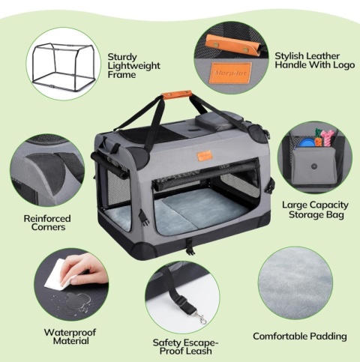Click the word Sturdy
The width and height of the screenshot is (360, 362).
122,58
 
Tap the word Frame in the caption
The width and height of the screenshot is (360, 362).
121,75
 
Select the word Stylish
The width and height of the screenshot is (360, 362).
289,56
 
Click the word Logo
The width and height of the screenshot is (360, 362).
344,65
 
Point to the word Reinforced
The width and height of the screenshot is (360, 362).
47,218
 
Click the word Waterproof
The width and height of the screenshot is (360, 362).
70,332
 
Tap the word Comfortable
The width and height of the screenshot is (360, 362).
278,336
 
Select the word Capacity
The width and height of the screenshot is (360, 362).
329,205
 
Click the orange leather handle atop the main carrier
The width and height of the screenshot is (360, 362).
177,94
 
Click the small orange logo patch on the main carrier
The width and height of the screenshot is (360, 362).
204,156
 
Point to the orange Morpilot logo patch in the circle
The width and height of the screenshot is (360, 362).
230,73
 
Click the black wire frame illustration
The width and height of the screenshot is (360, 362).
64,66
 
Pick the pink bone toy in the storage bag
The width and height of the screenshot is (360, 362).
327,137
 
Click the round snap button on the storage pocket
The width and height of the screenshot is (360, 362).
313,166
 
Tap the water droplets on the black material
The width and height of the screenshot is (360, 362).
70,301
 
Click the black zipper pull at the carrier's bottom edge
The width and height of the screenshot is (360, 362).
190,248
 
